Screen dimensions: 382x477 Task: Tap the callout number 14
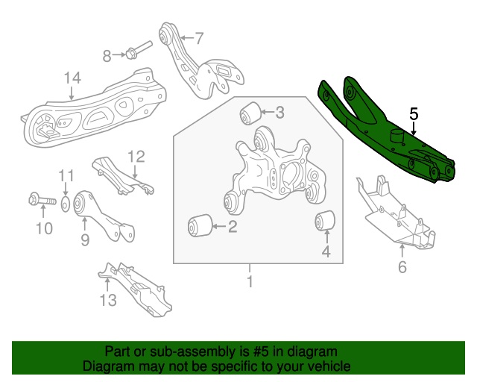pyautogui.click(x=72, y=78)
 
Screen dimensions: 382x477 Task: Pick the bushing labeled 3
pyautogui.click(x=249, y=114)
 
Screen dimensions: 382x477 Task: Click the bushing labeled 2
pyautogui.click(x=198, y=224)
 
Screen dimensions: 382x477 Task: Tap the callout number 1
pyautogui.click(x=250, y=282)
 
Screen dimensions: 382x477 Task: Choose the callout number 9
pyautogui.click(x=84, y=239)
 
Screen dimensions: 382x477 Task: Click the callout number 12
pyautogui.click(x=136, y=157)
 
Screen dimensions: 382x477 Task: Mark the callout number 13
pyautogui.click(x=108, y=301)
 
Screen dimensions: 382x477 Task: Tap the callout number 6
pyautogui.click(x=402, y=267)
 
